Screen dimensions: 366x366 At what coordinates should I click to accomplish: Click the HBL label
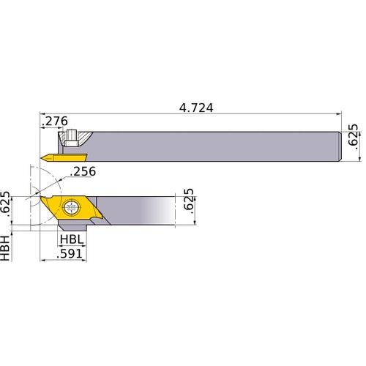point(71,239)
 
